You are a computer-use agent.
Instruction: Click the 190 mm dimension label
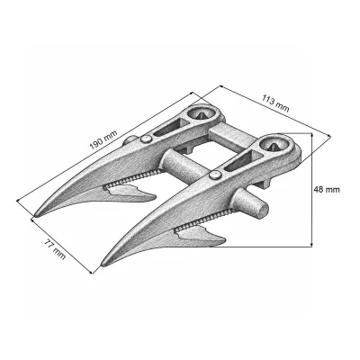pyautogui.click(x=104, y=140)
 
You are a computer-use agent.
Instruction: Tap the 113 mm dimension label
pyautogui.click(x=275, y=103)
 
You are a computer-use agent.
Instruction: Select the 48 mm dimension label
pyautogui.click(x=327, y=190)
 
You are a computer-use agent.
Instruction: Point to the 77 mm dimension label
pyautogui.click(x=55, y=249)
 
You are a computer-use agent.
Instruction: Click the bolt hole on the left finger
pyautogui.click(x=200, y=113)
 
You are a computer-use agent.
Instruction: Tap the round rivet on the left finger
pyautogui.click(x=146, y=139)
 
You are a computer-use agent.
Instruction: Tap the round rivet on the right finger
pyautogui.click(x=214, y=175)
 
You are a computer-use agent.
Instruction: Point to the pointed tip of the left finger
pyautogui.click(x=36, y=215)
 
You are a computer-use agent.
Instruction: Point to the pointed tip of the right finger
pyautogui.click(x=103, y=265)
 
